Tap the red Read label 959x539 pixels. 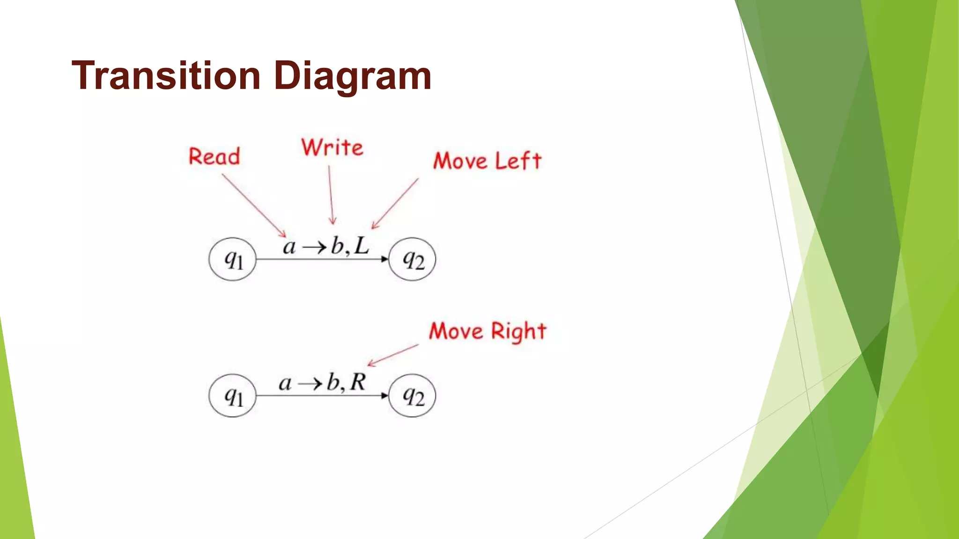point(214,156)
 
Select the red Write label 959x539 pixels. point(332,148)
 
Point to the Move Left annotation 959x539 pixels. point(487,161)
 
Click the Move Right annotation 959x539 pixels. point(487,332)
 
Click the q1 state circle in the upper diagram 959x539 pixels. point(232,259)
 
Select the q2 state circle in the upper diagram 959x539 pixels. point(412,259)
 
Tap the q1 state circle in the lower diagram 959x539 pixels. point(232,396)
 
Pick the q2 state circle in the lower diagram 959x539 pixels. point(412,396)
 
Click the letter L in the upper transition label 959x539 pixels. point(361,246)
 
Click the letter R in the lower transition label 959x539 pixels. point(358,382)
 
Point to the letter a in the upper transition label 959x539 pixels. point(289,247)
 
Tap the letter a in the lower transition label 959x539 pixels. point(285,384)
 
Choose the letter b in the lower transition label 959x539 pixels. point(333,382)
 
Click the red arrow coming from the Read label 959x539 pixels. point(253,205)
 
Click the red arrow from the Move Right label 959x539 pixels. point(392,355)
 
